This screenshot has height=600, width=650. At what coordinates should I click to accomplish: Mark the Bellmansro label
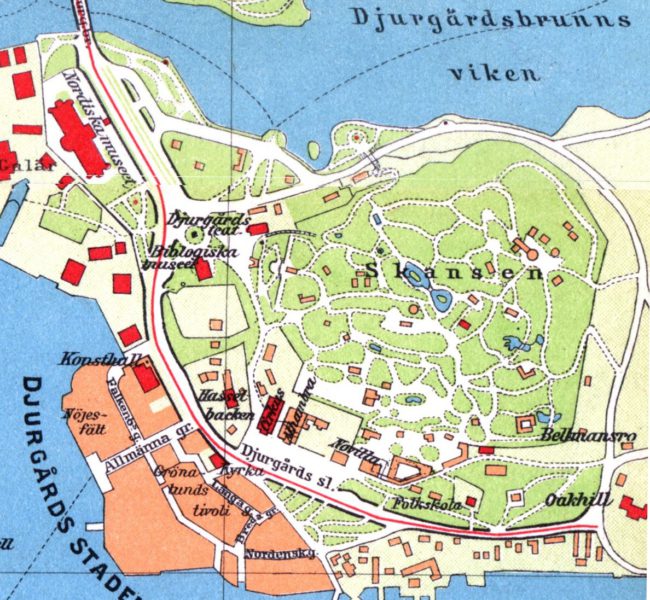coord(575,437)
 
